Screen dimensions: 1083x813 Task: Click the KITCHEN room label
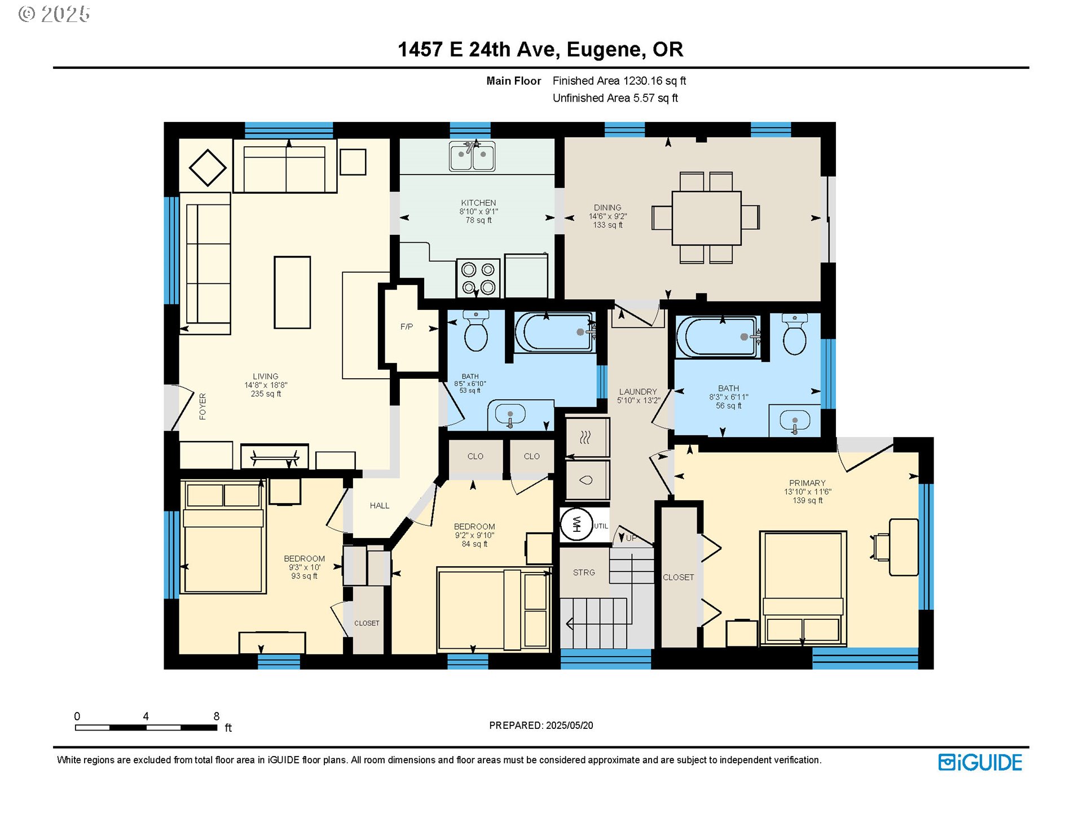point(478,203)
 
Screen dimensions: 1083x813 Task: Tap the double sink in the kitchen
point(472,156)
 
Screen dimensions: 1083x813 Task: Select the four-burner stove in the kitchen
point(478,278)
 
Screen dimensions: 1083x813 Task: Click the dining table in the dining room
point(706,218)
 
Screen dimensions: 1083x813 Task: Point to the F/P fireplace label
point(407,326)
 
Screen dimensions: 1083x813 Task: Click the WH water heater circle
point(576,524)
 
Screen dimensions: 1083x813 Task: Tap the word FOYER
point(202,406)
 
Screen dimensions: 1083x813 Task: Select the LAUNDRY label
point(638,391)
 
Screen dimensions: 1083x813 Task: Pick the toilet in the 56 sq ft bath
point(795,335)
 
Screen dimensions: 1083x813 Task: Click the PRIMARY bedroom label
point(807,483)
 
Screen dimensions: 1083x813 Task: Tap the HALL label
point(380,505)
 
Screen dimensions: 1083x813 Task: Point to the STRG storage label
point(584,572)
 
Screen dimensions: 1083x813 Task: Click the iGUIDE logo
point(980,763)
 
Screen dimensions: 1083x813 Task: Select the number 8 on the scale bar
point(216,716)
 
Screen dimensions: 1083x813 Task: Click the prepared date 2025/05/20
point(570,725)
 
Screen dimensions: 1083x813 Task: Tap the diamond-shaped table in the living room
point(208,168)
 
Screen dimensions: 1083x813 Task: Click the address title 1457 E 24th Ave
point(479,50)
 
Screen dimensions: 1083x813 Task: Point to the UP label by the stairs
point(631,538)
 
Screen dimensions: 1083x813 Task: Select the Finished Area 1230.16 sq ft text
point(619,81)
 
